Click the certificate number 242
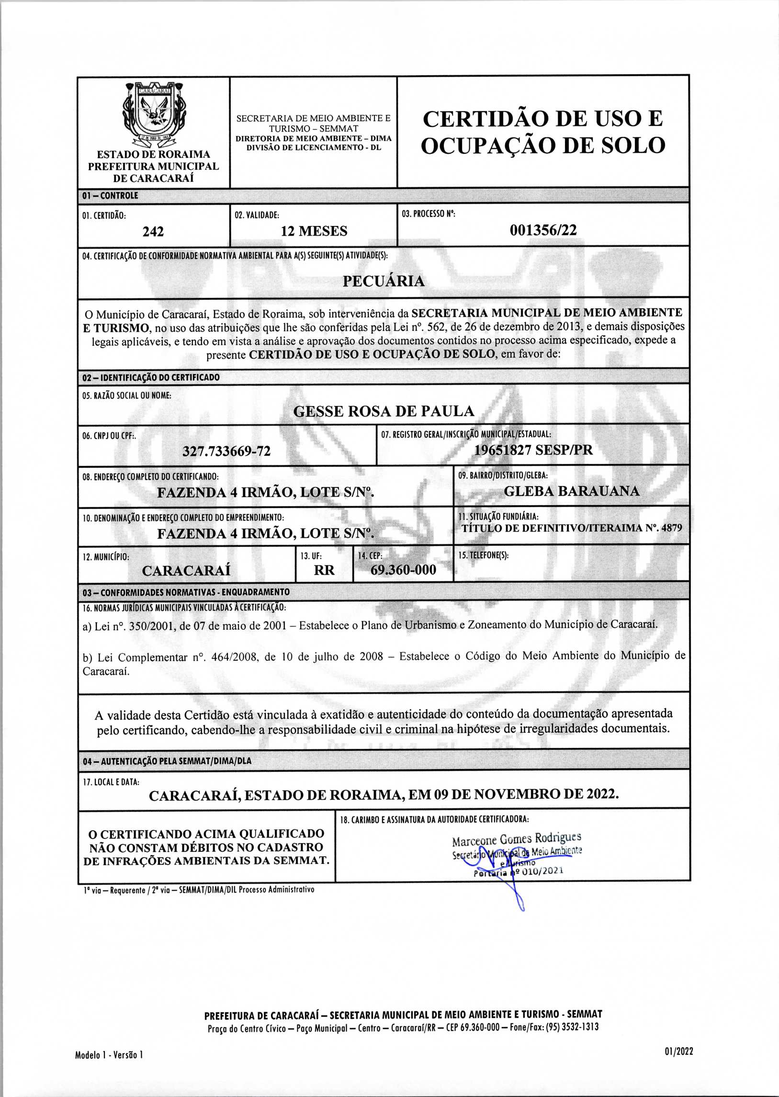click(x=153, y=232)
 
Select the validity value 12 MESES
click(x=314, y=231)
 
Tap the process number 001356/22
click(x=543, y=230)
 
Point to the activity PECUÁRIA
click(x=383, y=281)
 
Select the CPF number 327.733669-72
click(x=226, y=452)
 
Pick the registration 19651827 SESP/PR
click(x=533, y=450)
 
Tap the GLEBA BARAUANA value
click(x=571, y=491)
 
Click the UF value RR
click(x=324, y=570)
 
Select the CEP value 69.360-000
click(x=404, y=570)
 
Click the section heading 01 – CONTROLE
click(x=110, y=196)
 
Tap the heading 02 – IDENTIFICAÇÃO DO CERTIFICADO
click(x=151, y=377)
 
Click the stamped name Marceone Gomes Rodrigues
click(x=516, y=839)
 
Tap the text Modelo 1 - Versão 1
click(x=109, y=1055)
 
